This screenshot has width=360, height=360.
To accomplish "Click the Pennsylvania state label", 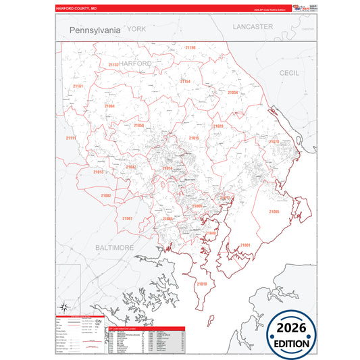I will [95, 30].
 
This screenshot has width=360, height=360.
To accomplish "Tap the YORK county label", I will [136, 29].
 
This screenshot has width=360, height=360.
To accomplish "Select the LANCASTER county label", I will [253, 26].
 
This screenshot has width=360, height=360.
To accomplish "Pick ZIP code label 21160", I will [190, 48].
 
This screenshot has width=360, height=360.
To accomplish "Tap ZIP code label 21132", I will [113, 65].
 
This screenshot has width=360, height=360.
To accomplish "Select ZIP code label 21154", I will [184, 81].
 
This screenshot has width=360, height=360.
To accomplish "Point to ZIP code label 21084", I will [109, 106].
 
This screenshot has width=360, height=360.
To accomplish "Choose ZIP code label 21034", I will [232, 93].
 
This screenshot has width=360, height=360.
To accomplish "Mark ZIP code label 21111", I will [71, 138].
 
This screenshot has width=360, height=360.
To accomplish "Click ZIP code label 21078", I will [274, 142].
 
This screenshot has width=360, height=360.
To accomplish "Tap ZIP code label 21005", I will [274, 212].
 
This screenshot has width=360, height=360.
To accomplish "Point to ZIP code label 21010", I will [201, 284].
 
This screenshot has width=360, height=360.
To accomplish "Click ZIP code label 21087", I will [128, 219].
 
